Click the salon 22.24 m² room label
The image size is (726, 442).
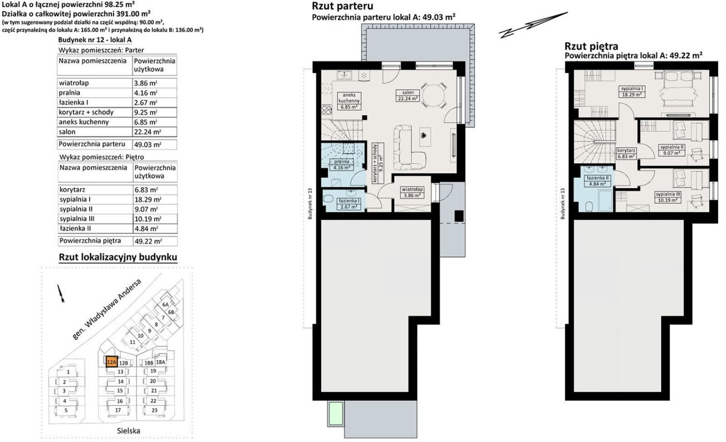[408, 95]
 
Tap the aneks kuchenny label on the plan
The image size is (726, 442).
[349, 101]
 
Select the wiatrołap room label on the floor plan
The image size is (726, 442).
[412, 192]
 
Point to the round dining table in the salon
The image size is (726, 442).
[433, 95]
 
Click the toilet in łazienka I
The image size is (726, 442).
[329, 199]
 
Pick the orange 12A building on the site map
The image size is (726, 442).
[112, 362]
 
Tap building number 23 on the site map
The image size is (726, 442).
[154, 410]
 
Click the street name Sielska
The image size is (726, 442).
[129, 431]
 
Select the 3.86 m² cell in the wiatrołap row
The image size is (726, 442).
[146, 83]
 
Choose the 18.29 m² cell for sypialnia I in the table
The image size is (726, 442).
[148, 199]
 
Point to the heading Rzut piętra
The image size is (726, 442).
[591, 46]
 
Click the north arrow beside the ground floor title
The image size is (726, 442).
[533, 25]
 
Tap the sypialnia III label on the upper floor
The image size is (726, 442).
[668, 197]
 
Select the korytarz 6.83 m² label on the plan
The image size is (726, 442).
[626, 153]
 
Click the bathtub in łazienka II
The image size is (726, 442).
[604, 200]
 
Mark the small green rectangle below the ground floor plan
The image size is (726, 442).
[336, 413]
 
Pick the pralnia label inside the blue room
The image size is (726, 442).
[342, 165]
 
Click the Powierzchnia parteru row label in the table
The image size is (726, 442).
[92, 144]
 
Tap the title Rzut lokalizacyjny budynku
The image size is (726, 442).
[118, 257]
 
